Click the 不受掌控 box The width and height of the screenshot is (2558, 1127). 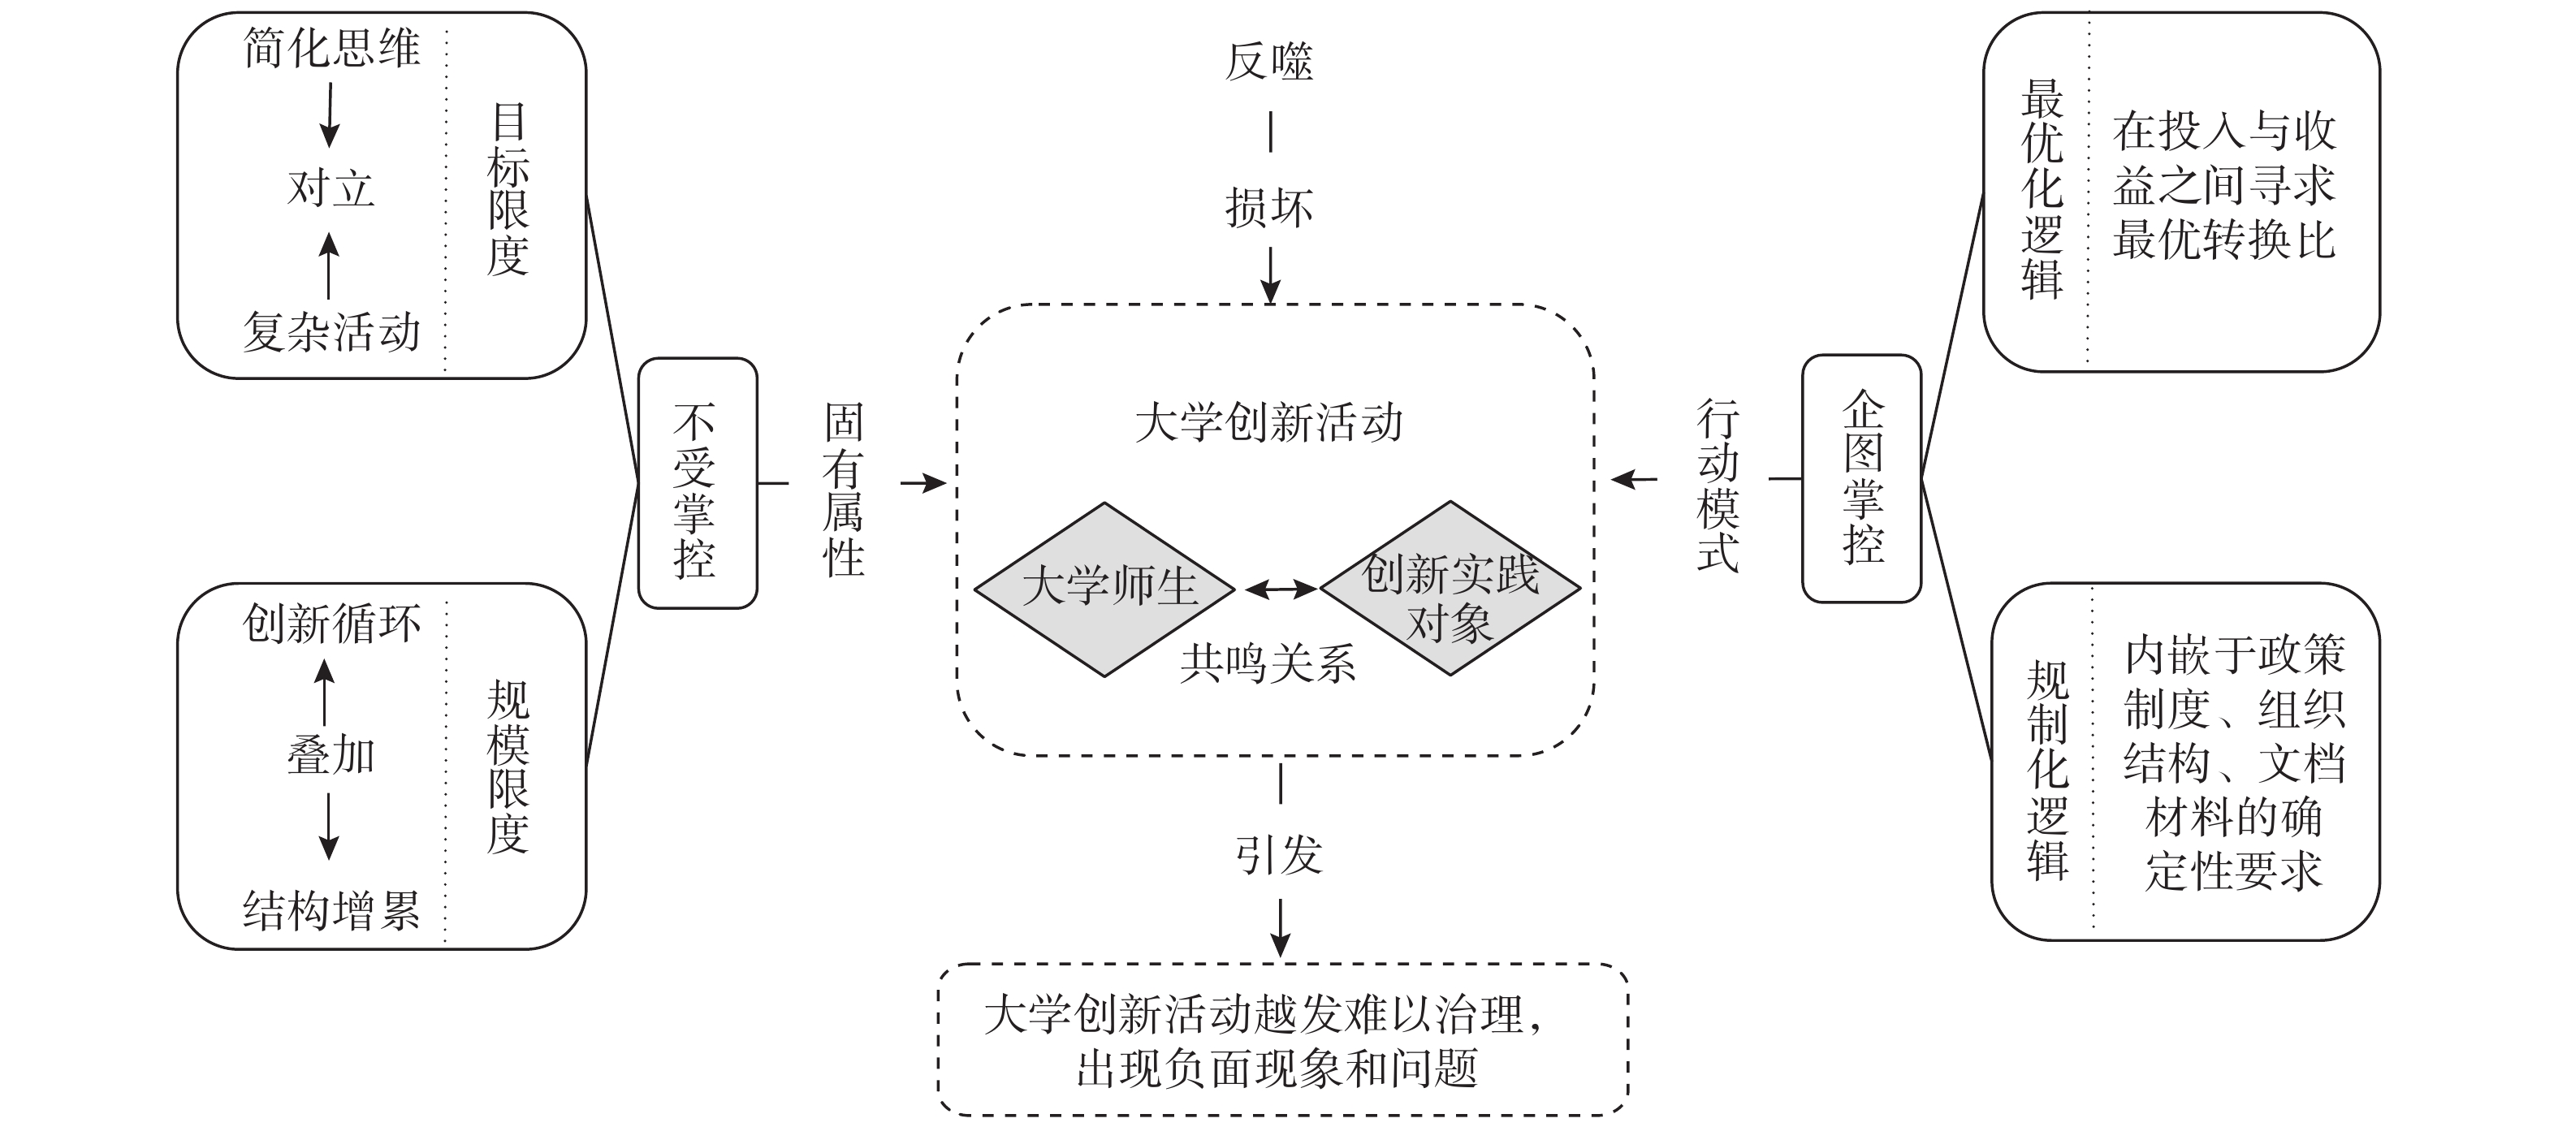pos(697,484)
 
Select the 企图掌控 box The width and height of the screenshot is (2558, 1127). pos(1861,478)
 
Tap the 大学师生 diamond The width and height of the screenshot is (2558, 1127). pos(1104,589)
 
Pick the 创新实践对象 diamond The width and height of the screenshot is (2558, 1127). pos(1450,589)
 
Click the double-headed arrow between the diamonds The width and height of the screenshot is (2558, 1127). pos(1280,589)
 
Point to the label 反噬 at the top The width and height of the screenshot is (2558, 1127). pos(1269,62)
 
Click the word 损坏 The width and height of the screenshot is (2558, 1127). pos(1269,209)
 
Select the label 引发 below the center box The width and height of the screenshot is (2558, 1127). pos(1279,854)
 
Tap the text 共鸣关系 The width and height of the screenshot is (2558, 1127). pos(1268,663)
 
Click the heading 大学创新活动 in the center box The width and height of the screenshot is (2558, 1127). pos(1268,423)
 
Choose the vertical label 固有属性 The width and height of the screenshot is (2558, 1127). pos(843,489)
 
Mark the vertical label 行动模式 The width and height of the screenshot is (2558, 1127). pos(1717,485)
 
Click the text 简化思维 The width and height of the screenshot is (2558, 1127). pos(331,48)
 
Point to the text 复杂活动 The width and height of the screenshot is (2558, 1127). pos(331,331)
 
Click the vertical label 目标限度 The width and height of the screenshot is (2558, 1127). pos(508,188)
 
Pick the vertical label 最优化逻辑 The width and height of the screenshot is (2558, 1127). pos(2042,188)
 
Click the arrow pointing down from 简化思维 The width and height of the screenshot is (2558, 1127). pos(329,115)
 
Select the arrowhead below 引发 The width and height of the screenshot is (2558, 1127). pos(1280,943)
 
